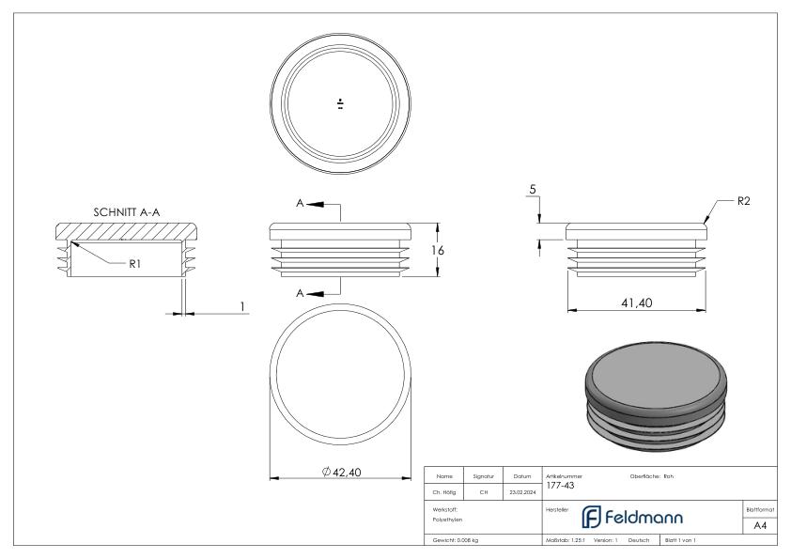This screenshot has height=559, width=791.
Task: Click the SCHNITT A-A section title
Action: point(127,212)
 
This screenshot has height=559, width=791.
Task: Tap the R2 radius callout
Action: point(744,201)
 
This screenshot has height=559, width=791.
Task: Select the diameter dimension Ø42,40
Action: point(341,473)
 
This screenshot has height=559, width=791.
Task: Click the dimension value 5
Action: point(534,190)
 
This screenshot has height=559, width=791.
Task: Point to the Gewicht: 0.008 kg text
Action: point(455,541)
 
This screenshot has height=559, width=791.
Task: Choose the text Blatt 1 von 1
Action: point(683,541)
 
